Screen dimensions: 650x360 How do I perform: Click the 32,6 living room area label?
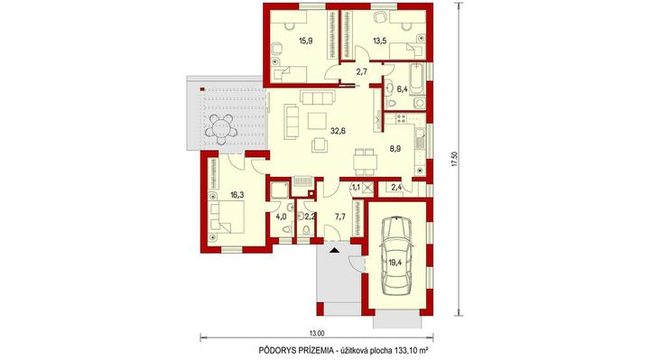pyautogui.click(x=338, y=131)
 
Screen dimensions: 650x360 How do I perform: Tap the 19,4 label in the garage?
pyautogui.click(x=395, y=262)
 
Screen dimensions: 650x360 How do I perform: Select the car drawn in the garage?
pyautogui.click(x=396, y=255)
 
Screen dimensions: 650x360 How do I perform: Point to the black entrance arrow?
pyautogui.click(x=334, y=250)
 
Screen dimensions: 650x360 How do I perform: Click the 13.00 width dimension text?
pyautogui.click(x=316, y=333)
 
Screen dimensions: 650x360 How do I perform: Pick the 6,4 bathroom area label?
pyautogui.click(x=402, y=88)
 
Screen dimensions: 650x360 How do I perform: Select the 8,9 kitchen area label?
pyautogui.click(x=395, y=149)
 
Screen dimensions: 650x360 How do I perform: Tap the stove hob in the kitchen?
pyautogui.click(x=401, y=119)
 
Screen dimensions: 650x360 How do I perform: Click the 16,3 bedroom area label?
pyautogui.click(x=237, y=194)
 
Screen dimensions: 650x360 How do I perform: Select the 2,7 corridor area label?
pyautogui.click(x=361, y=71)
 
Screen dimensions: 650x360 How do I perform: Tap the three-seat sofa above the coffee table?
pyautogui.click(x=318, y=97)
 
